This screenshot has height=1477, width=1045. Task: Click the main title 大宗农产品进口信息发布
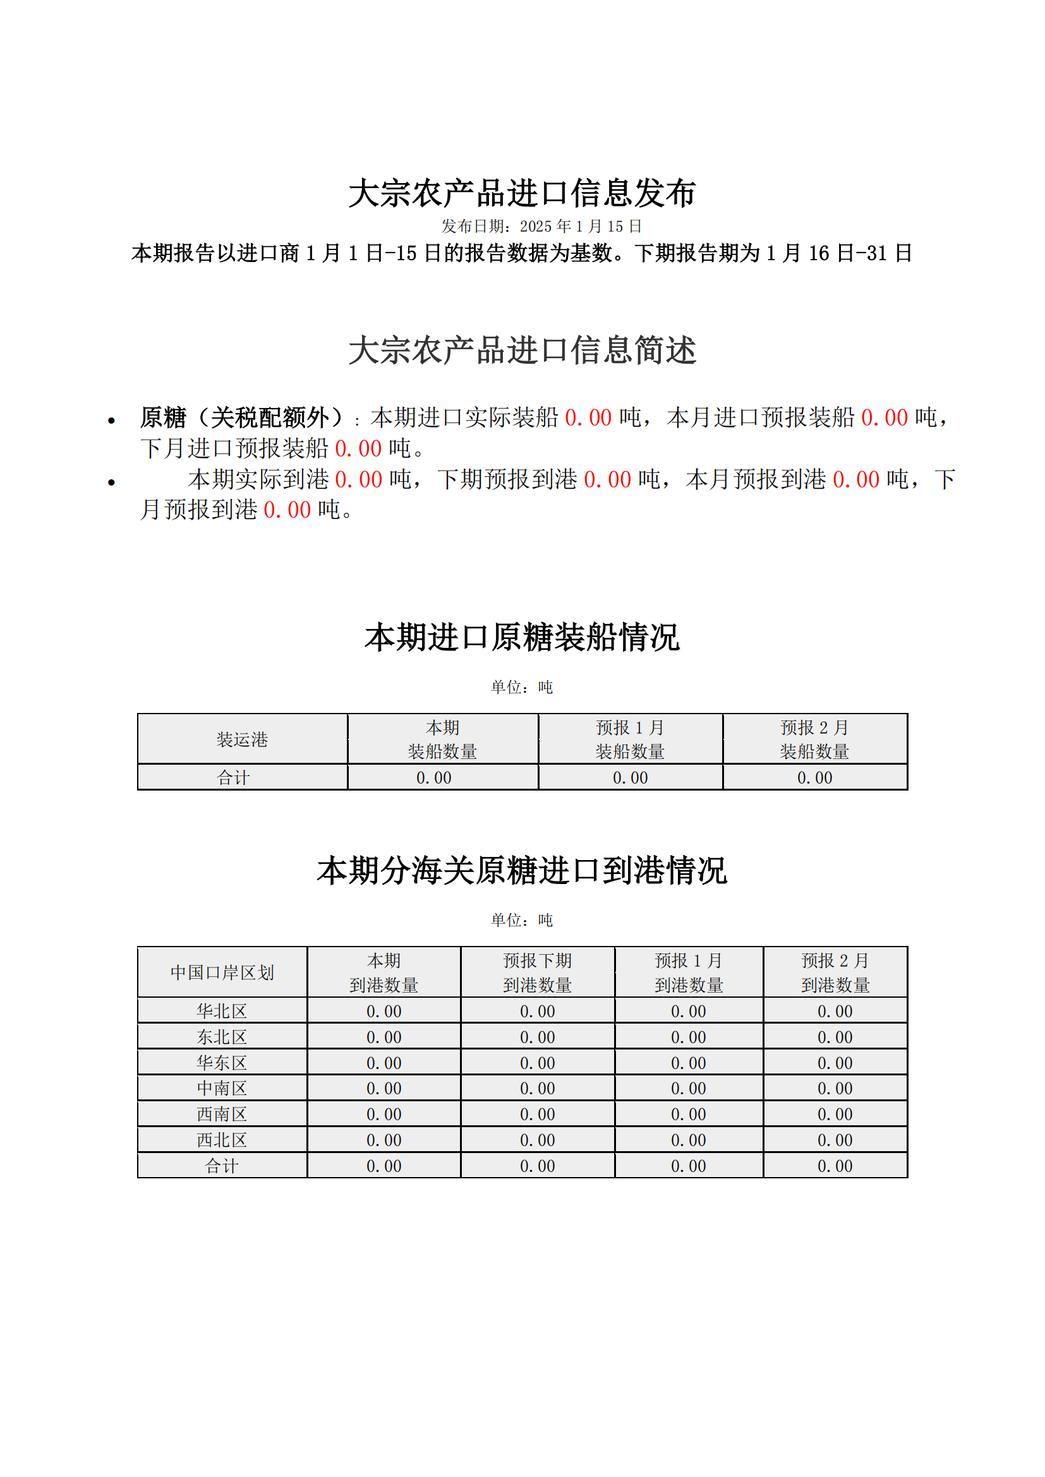click(x=522, y=193)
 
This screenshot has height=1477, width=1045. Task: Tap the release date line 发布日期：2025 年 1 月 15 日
click(x=541, y=227)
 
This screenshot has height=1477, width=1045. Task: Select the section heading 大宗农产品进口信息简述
click(x=522, y=350)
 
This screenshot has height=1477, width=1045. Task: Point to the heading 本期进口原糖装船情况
click(x=522, y=638)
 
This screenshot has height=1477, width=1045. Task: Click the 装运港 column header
click(x=242, y=739)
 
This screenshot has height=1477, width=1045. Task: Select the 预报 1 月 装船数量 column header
click(x=630, y=739)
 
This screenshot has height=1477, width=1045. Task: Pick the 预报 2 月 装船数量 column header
click(x=814, y=739)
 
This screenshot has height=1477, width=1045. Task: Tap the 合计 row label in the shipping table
click(x=233, y=778)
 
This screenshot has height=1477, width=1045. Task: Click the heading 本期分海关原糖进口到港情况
click(x=522, y=870)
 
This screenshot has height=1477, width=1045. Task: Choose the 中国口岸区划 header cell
click(x=222, y=972)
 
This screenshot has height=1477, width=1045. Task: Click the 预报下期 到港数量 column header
click(x=537, y=972)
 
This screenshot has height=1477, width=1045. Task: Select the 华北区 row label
click(x=222, y=1011)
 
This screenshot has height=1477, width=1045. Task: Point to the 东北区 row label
click(x=222, y=1037)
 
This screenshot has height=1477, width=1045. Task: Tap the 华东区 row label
click(x=222, y=1063)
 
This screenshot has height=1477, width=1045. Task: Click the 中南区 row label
click(x=222, y=1089)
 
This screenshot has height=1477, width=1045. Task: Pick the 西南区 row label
click(x=222, y=1114)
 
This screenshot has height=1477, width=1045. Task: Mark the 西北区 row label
click(x=222, y=1140)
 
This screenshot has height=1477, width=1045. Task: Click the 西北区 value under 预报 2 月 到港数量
click(x=835, y=1140)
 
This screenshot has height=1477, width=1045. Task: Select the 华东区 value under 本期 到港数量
click(x=384, y=1063)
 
